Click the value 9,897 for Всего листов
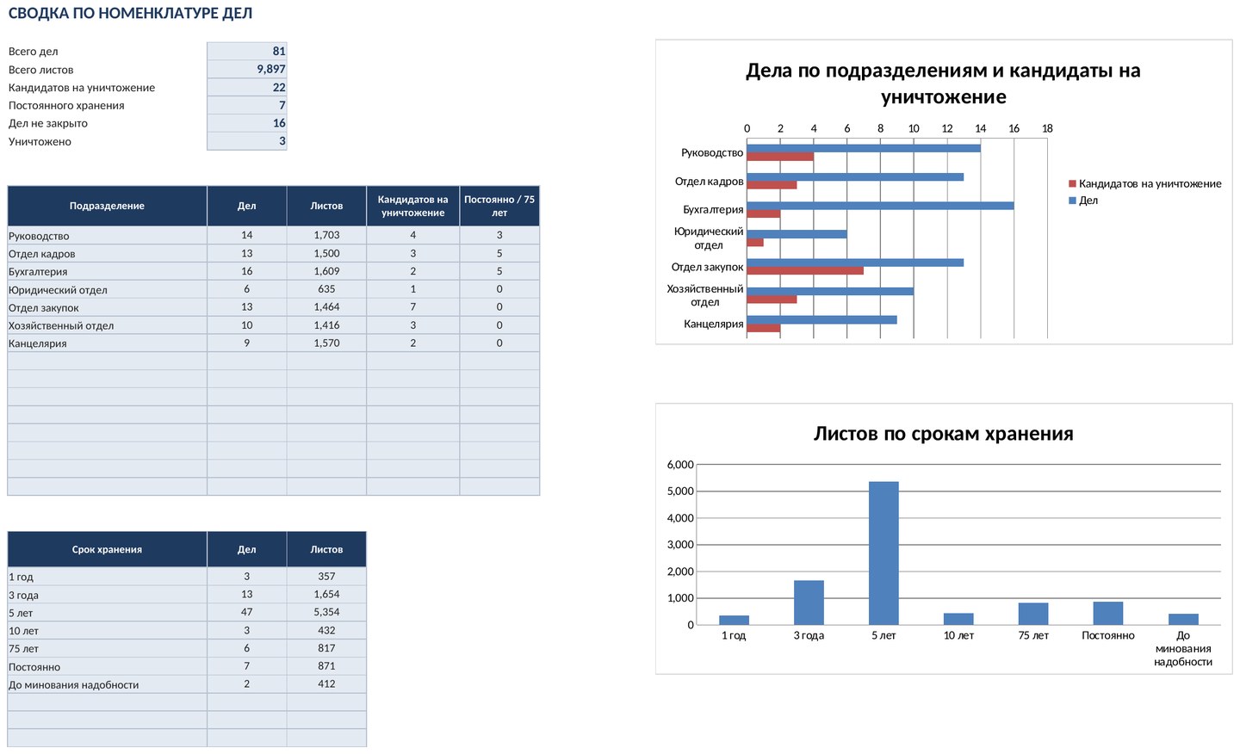[270, 69]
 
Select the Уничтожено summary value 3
[282, 141]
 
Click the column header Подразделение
[107, 206]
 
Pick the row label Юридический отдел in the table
[58, 290]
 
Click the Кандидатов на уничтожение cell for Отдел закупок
[413, 307]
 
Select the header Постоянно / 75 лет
[499, 206]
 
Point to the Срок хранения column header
[107, 549]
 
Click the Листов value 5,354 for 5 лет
[326, 612]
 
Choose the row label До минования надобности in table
[74, 685]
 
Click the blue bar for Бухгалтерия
[880, 206]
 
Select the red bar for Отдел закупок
[805, 271]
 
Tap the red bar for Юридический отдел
[755, 243]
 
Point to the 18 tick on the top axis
[1047, 128]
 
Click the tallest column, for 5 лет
[883, 553]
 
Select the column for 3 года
[809, 603]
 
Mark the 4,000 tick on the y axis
[680, 518]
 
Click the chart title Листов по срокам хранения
[943, 434]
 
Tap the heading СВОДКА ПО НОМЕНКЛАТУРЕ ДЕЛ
[130, 13]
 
